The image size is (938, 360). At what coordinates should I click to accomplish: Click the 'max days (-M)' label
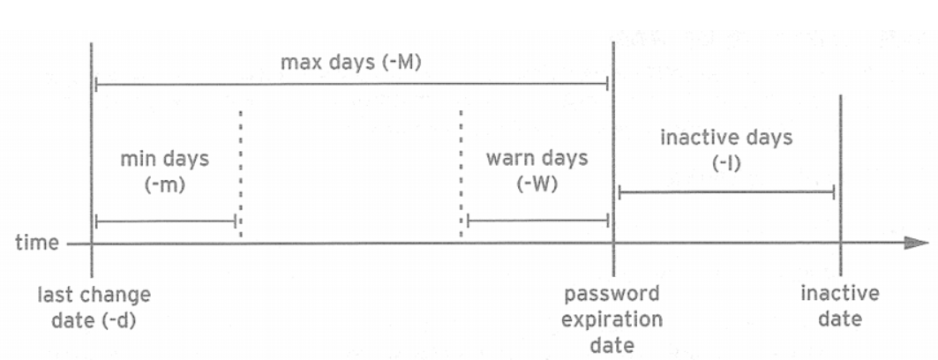351,64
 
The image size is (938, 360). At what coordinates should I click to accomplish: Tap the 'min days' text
165,160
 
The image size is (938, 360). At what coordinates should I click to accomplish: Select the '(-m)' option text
164,185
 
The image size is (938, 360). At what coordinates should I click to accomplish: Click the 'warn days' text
537,159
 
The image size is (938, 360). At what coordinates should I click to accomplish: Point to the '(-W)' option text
536,185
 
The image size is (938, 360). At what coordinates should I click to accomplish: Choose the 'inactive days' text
726,138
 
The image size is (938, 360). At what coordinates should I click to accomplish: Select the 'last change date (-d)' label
94,307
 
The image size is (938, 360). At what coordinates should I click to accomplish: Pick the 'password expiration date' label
612,319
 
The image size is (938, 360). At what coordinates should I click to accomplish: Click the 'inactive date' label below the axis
839,306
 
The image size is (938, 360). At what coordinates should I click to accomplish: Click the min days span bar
165,221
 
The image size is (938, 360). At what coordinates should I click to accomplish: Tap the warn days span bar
537,221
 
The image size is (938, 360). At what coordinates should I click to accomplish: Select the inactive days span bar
726,191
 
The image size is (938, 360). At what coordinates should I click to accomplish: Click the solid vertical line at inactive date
840,176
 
